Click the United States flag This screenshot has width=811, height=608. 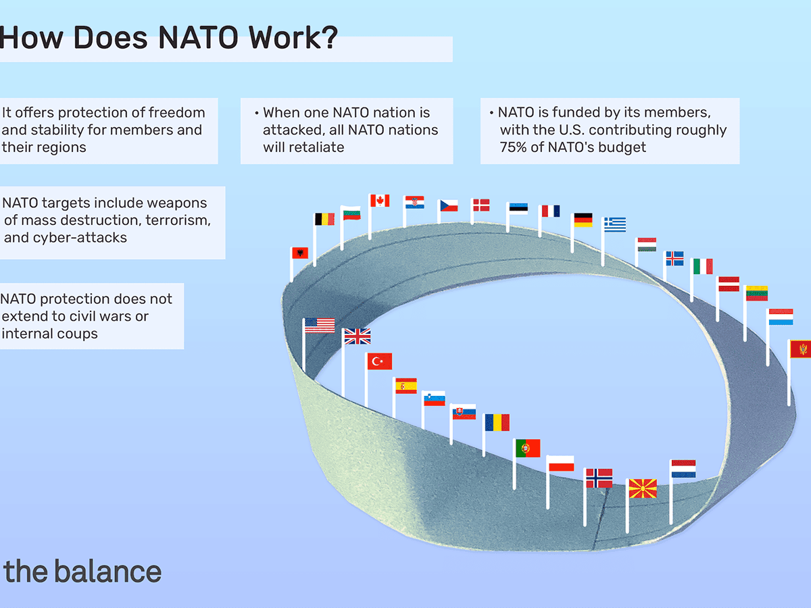tap(320, 325)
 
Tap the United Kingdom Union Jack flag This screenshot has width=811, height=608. tap(357, 336)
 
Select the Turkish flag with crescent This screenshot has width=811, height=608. tap(380, 361)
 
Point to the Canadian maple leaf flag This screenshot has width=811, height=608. tap(380, 200)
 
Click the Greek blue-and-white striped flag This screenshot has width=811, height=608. tap(615, 224)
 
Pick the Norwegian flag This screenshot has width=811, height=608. tap(599, 478)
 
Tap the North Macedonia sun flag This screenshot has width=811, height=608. tap(642, 488)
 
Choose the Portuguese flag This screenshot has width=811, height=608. tap(528, 448)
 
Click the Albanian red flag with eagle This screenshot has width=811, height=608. tap(299, 253)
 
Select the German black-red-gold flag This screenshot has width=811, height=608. tap(583, 220)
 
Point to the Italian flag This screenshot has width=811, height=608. tap(702, 266)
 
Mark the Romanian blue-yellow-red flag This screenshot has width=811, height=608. tap(497, 422)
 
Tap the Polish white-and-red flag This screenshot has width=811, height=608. tap(561, 463)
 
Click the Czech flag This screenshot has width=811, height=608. tap(449, 205)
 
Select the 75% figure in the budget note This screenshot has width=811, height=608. tap(514, 147)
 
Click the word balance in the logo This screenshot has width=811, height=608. tap(107, 572)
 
